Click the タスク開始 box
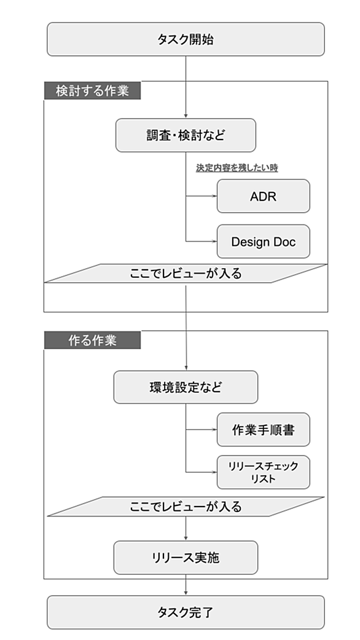coord(186,39)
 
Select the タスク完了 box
coord(186,612)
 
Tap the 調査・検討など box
coord(186,135)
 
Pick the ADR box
coord(263,196)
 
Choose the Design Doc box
coord(263,241)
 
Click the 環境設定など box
coord(186,387)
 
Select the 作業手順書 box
coord(263,429)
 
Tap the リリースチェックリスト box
coord(263,472)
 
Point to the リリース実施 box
coord(186,558)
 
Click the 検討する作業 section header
coord(92,90)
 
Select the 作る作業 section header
coord(92,340)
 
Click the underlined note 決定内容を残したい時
coord(237,168)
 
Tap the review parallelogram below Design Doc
coord(186,273)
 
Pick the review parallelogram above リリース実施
coord(186,507)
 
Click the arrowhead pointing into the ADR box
coord(214,196)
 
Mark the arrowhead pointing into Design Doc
coord(214,241)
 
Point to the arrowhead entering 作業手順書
coord(214,429)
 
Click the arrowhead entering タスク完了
coord(186,593)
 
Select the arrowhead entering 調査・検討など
coord(186,116)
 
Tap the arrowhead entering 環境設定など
coord(186,368)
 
